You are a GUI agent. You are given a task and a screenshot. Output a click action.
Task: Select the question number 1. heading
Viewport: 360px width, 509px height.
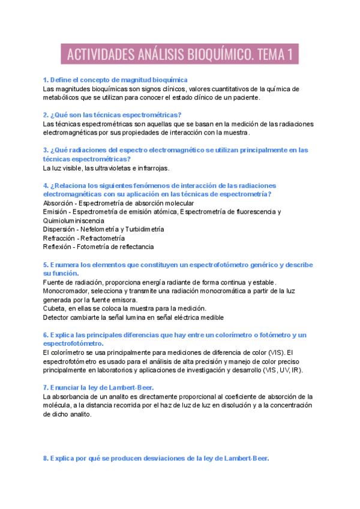(x=115, y=80)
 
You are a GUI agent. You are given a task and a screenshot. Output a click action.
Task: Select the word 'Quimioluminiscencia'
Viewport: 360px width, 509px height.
(x=73, y=221)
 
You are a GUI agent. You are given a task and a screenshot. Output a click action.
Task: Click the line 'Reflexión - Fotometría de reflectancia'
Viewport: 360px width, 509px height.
(x=98, y=247)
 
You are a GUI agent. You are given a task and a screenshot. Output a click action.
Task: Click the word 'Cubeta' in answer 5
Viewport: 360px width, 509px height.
(x=55, y=309)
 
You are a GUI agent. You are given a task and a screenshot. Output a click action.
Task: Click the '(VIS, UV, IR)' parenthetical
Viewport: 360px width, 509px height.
(x=282, y=370)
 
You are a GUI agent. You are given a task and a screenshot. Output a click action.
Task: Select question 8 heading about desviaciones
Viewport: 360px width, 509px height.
(x=156, y=459)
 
